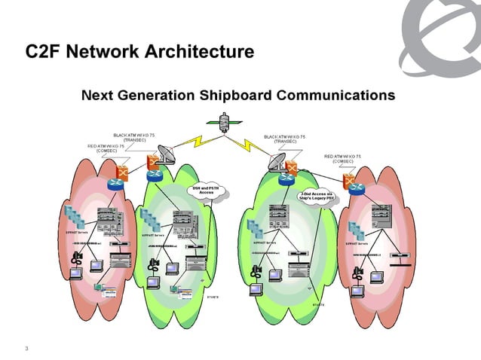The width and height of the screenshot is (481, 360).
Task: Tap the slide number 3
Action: (26, 348)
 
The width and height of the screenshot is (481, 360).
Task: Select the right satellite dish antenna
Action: (277, 160)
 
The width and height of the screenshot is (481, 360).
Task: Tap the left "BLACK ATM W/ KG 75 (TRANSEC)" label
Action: (134, 137)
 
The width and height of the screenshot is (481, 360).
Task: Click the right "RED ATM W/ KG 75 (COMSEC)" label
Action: (348, 158)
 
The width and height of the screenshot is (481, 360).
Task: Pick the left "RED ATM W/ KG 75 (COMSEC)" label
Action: (112, 148)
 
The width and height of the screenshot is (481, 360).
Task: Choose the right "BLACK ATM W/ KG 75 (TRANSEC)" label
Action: (285, 139)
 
